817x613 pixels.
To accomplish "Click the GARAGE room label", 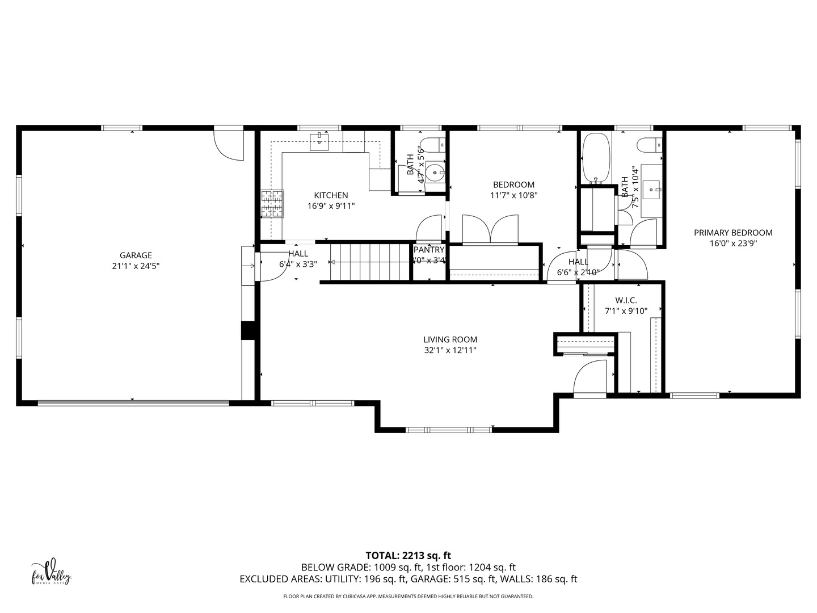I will coord(136,255).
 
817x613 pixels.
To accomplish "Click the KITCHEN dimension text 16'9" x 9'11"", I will coord(331,206).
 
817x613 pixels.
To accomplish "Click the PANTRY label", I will coord(429,250).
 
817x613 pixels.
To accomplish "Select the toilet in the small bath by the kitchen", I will coord(435,145).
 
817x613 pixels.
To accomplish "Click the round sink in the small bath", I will coord(435,171).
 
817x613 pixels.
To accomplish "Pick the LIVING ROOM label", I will coord(450,339).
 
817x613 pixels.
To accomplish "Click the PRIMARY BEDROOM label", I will coord(733,232).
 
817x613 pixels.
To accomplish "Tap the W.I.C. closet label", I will coord(626,300).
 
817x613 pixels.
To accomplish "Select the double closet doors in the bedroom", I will coord(490,230).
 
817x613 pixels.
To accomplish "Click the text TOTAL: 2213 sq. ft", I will coord(408,556).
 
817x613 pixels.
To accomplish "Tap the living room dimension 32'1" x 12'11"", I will coord(450,350).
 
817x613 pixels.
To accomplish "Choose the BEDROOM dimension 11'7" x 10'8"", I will coord(513,195).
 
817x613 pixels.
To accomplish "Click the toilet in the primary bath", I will coord(650,145).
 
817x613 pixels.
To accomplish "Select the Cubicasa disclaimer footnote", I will coord(408,597).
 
